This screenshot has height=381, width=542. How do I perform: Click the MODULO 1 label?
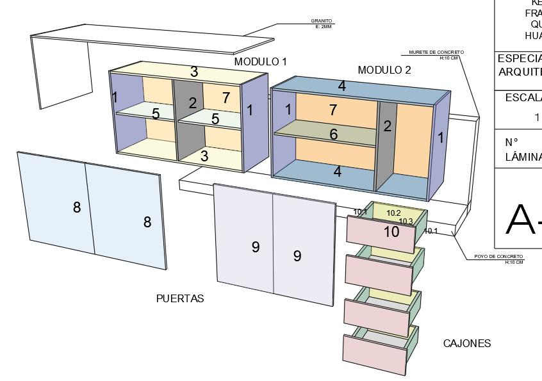pos(260,62)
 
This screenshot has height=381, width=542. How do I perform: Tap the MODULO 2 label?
pos(384,70)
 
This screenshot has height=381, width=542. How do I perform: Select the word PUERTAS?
pos(180,299)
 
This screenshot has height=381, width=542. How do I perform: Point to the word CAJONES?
pos(467,344)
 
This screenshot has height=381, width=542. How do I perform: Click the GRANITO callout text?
pos(322,21)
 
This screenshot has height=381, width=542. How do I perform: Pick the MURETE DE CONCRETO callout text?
pos(436,53)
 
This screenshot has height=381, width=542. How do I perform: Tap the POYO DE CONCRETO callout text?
pos(498,257)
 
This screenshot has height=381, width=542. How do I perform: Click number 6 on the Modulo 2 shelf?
pos(333,134)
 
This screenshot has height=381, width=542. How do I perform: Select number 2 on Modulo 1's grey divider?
pos(193,102)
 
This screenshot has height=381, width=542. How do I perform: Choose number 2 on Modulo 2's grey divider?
pos(387,126)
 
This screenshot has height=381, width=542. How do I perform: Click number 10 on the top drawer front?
pos(391,232)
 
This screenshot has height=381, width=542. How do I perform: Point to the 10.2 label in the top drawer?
pos(393,213)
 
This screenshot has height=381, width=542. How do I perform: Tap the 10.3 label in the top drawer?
pos(406,222)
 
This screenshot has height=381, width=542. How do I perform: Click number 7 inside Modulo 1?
pos(226,98)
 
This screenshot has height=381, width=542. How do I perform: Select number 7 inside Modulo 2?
pos(333,110)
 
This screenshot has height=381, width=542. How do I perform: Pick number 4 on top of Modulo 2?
pos(342,86)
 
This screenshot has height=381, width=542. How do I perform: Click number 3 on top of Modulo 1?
pos(193,72)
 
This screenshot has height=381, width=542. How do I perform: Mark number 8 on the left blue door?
pos(77,207)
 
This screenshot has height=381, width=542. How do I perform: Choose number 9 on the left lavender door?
pos(255,247)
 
